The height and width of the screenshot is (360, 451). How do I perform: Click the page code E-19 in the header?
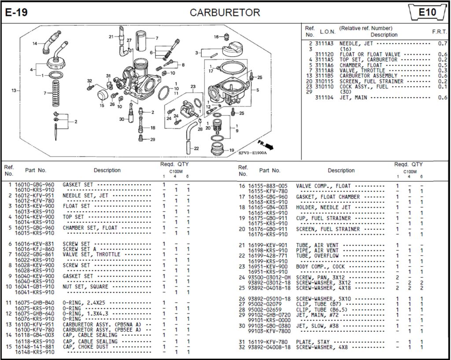point(16,13)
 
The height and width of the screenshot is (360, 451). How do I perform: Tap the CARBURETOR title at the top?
point(225,13)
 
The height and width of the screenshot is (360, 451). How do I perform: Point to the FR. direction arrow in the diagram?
point(266,144)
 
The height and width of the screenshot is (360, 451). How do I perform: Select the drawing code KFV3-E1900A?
point(253,152)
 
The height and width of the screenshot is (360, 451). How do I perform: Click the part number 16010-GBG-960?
point(35,185)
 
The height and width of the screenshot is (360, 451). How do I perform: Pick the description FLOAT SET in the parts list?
point(76,206)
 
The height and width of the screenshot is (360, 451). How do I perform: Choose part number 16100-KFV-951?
point(35,324)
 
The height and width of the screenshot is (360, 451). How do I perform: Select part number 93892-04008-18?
point(270,347)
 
